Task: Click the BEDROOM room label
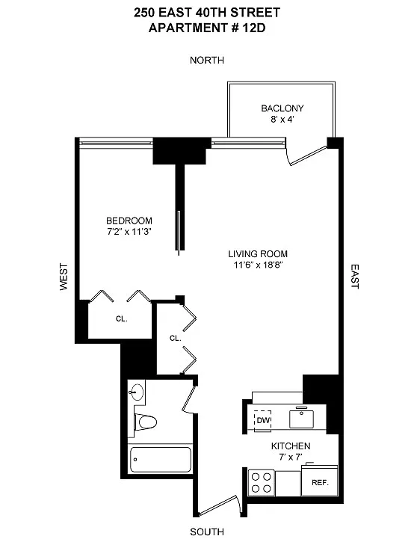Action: [129, 221]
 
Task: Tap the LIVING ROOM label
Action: [258, 253]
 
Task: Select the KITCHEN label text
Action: [291, 446]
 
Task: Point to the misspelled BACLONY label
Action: [282, 108]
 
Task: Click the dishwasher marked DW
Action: [263, 420]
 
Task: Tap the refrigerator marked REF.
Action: [319, 481]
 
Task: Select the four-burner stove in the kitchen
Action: [262, 483]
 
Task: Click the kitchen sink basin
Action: [302, 417]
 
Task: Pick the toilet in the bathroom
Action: [146, 422]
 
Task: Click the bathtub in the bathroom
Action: [160, 459]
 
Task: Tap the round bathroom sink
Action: [137, 391]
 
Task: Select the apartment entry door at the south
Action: [218, 505]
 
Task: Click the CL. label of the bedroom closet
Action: [121, 318]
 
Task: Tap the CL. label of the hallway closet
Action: [175, 338]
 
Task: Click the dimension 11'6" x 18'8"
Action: [258, 265]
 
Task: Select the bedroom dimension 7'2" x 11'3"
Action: [129, 231]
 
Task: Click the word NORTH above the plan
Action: [207, 60]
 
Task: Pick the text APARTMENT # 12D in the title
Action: [207, 28]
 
